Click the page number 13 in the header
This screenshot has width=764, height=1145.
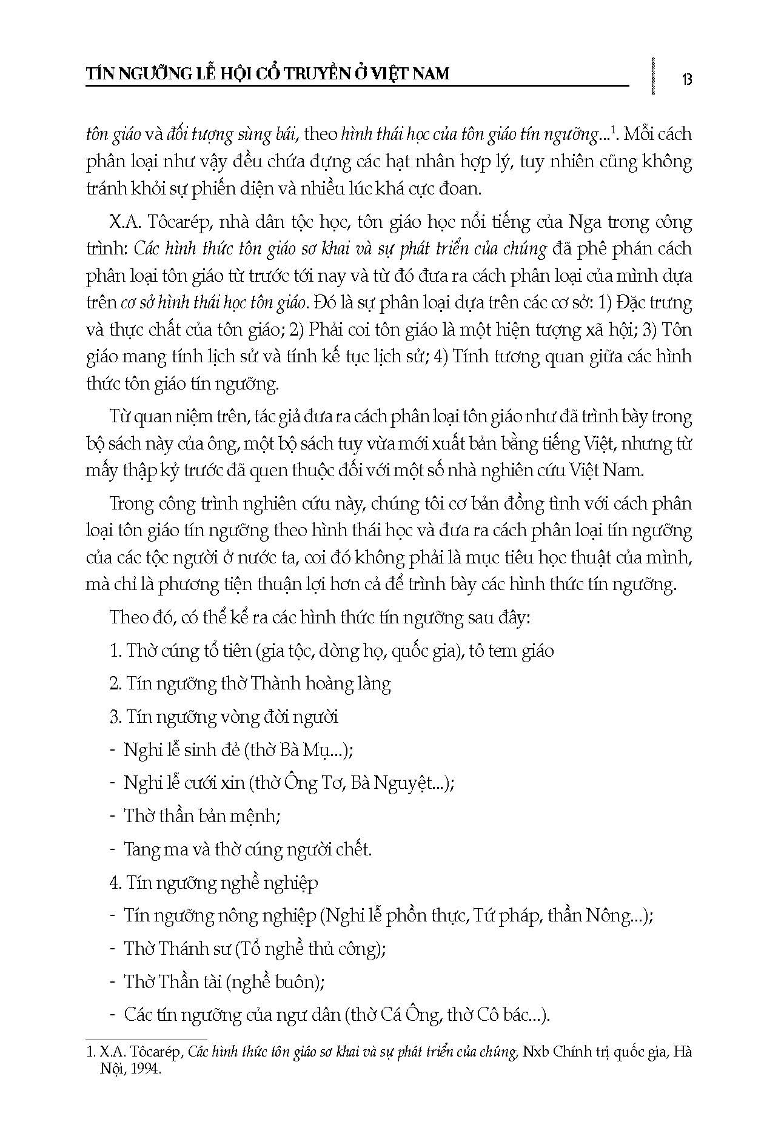[x=686, y=79]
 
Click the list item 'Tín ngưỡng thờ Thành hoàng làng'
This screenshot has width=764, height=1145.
[x=250, y=684]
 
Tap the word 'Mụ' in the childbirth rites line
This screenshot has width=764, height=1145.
[x=330, y=750]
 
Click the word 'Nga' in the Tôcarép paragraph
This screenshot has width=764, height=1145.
[x=585, y=222]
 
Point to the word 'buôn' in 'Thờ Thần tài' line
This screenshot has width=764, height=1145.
[x=294, y=981]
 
